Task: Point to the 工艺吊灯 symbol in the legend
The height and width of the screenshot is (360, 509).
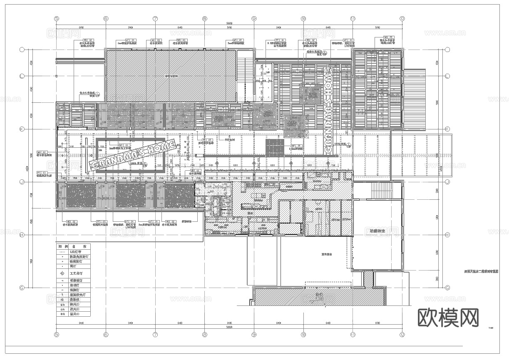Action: click(62, 273)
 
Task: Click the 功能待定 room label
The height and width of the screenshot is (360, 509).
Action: click(377, 230)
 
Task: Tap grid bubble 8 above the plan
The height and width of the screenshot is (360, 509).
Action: click(204, 19)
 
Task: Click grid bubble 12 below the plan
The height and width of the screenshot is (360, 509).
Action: click(402, 334)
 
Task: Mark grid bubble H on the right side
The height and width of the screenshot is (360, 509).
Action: click(447, 235)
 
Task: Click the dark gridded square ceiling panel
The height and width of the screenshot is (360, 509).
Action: click(274, 148)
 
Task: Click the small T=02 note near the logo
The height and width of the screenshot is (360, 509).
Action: click(491, 328)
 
